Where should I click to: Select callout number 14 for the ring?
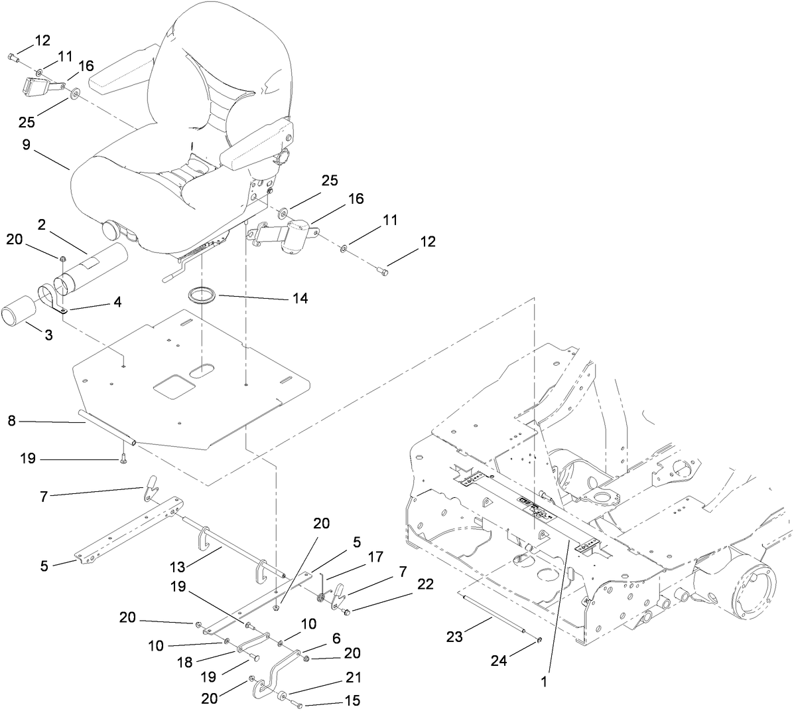299,299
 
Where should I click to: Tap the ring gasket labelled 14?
204,295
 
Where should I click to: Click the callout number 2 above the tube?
41,225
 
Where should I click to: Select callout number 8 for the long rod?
11,420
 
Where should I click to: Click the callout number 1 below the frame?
544,680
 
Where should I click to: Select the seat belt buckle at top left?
34,86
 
